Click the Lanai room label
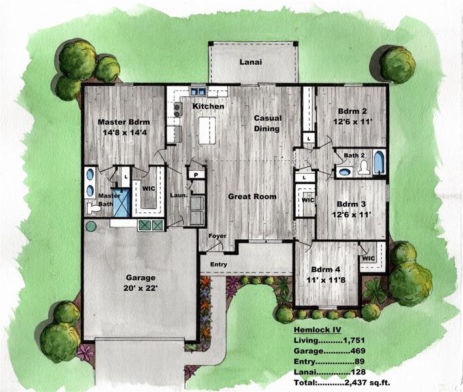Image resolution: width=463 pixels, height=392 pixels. click(x=251, y=62)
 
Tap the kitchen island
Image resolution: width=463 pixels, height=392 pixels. click(x=207, y=131)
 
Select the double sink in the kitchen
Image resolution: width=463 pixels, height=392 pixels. click(x=198, y=91)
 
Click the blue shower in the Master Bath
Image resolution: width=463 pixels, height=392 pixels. click(x=121, y=203)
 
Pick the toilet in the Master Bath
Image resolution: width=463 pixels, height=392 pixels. click(x=93, y=208)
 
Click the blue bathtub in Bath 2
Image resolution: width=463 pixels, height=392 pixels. click(x=379, y=163)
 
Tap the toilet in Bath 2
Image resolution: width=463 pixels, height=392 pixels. click(x=363, y=167)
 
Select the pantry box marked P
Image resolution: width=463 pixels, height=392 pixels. click(x=196, y=174)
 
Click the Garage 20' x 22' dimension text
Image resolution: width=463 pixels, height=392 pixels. click(x=140, y=288)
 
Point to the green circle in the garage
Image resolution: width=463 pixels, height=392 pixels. click(x=91, y=227)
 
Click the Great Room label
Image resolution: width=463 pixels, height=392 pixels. click(x=252, y=197)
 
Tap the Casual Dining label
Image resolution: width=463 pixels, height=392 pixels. click(x=268, y=123)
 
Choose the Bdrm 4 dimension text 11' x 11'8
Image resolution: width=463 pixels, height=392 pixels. click(x=326, y=280)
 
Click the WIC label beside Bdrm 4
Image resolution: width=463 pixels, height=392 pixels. click(x=368, y=259)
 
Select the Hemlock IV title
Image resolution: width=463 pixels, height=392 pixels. click(x=317, y=330)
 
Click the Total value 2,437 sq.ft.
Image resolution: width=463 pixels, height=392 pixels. click(x=367, y=383)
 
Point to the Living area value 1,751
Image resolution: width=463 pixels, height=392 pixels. click(x=354, y=340)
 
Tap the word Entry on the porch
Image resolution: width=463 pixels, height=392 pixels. click(x=219, y=265)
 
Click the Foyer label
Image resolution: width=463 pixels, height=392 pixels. click(x=217, y=236)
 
